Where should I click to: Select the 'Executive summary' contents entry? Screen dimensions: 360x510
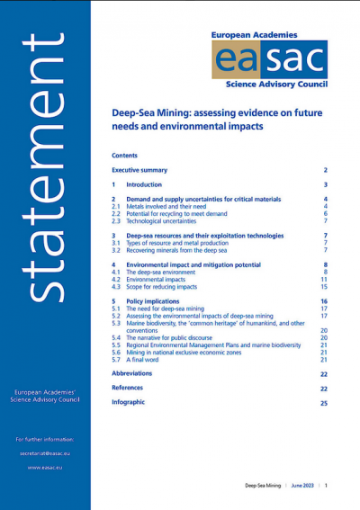tap(139, 170)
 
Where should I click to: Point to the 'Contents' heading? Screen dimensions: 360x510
tap(125, 155)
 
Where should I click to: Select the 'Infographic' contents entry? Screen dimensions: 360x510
tap(129, 402)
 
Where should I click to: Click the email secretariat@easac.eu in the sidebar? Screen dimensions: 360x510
tap(46, 453)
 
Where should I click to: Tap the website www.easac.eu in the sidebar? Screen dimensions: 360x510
tap(46, 468)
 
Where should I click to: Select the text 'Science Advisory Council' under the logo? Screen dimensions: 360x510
tap(271, 89)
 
